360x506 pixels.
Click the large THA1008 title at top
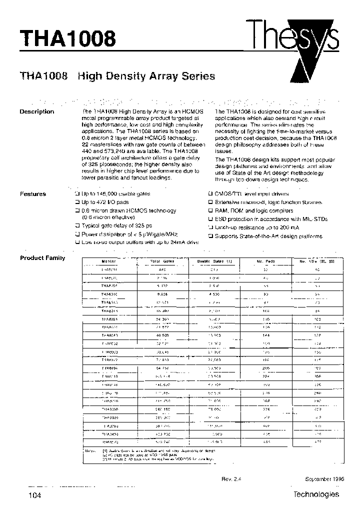pos(67,38)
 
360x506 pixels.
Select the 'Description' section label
pos(36,111)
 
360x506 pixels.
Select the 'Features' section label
pos(33,194)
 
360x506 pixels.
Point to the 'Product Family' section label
pos(42,258)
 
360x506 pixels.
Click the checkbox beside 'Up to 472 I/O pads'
pos(77,202)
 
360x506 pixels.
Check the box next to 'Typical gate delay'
pos(77,226)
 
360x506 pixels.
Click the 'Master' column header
pos(108,261)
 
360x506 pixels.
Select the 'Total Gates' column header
pos(162,261)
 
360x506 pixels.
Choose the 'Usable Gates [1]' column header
pos(214,261)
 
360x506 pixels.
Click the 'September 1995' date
pos(321,478)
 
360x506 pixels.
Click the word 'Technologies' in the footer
pos(315,494)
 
